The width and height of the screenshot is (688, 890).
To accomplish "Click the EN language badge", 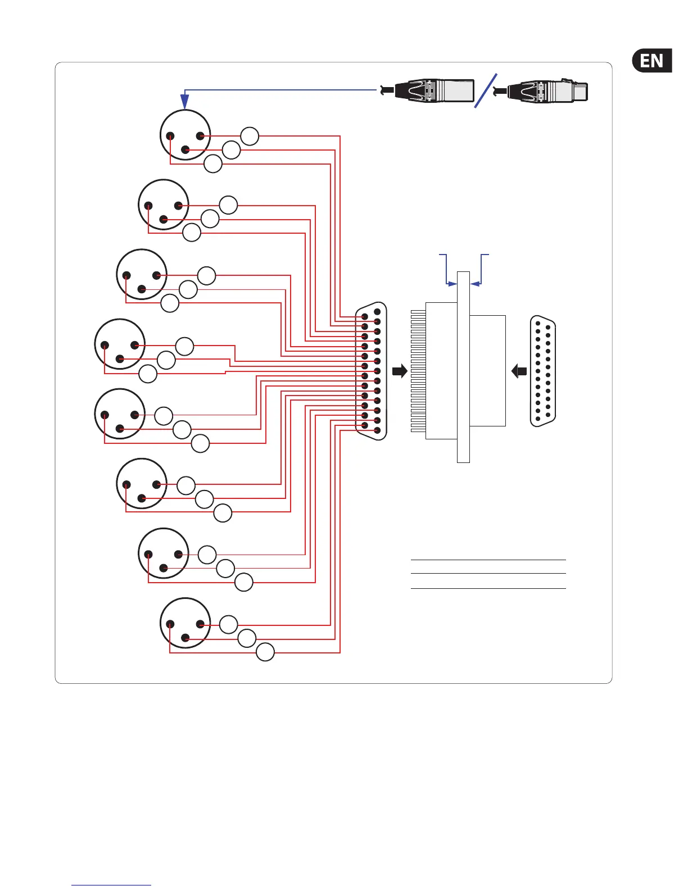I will [x=652, y=61].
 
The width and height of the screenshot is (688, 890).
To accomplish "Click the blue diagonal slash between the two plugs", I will [x=486, y=90].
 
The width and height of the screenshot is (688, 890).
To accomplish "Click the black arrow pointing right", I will [x=400, y=371].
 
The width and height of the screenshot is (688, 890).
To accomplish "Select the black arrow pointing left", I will [x=519, y=371].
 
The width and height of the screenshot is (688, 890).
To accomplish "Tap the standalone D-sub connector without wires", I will [x=543, y=371].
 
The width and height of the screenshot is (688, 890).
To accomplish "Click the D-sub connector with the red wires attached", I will [x=372, y=371].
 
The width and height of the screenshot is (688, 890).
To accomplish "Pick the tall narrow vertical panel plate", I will [x=463, y=367].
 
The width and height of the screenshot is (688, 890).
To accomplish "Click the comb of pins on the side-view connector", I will [x=418, y=371].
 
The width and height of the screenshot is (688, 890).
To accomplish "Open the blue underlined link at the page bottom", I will [x=111, y=885].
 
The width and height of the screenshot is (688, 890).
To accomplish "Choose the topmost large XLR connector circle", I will [x=185, y=135].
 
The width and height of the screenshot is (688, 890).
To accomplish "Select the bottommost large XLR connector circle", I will [x=185, y=623].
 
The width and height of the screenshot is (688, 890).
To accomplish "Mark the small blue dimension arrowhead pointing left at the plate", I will [x=475, y=284].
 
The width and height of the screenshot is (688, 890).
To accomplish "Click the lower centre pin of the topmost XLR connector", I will [x=185, y=149].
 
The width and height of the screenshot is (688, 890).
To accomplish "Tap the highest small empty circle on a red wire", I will [x=250, y=136].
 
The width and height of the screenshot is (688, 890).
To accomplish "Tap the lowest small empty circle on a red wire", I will [x=265, y=652].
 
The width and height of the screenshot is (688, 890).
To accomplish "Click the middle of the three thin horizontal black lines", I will [x=488, y=573].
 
